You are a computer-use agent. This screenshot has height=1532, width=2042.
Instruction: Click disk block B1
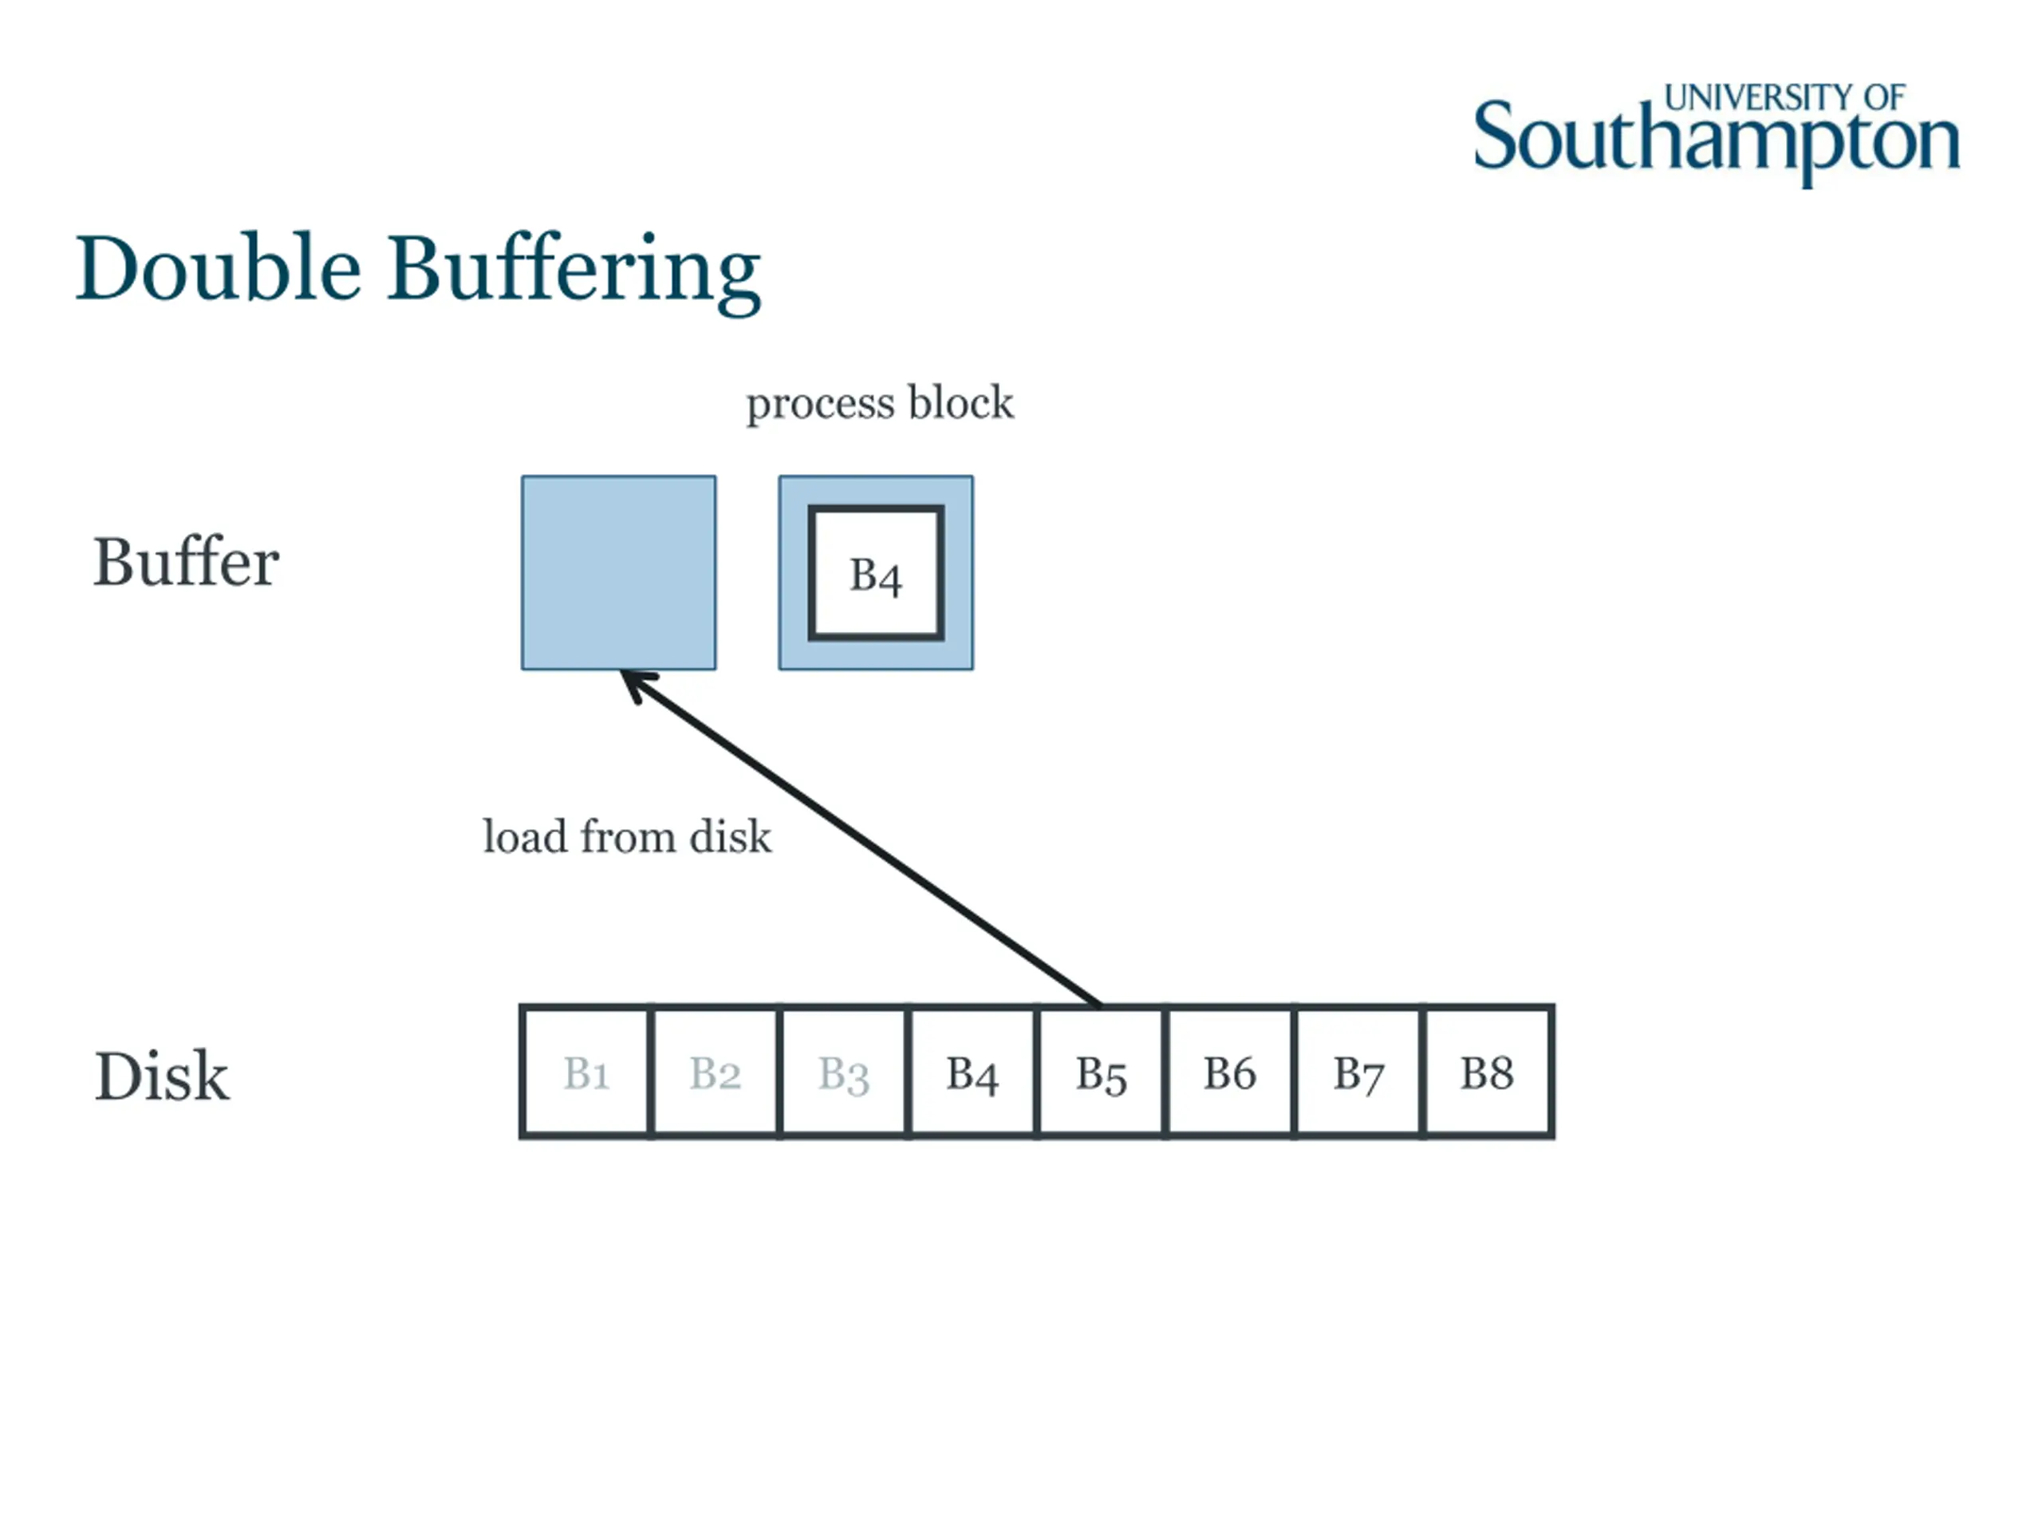[x=585, y=1073]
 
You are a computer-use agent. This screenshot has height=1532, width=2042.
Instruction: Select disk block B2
[x=715, y=1073]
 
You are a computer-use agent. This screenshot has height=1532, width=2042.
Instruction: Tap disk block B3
[x=843, y=1073]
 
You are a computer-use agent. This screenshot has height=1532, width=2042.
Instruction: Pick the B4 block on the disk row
[x=972, y=1073]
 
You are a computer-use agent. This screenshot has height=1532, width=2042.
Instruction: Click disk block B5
[x=1101, y=1073]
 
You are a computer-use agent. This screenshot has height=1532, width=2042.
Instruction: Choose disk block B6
[x=1230, y=1073]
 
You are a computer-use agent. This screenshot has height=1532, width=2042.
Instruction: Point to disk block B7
[x=1358, y=1073]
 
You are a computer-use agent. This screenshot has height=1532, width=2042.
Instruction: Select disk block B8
[x=1486, y=1073]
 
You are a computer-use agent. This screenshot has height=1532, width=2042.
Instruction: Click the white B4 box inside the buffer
[x=875, y=574]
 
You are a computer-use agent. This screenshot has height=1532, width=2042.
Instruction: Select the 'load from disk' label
[x=627, y=837]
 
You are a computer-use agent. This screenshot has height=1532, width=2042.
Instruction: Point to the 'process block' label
[x=879, y=404]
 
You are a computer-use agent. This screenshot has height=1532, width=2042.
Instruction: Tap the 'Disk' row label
[x=162, y=1076]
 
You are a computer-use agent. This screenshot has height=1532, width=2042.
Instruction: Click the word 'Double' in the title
[x=218, y=269]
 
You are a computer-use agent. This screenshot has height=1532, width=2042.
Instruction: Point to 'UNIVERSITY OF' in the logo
[x=1784, y=98]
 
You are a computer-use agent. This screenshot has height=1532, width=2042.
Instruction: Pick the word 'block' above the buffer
[x=960, y=403]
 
